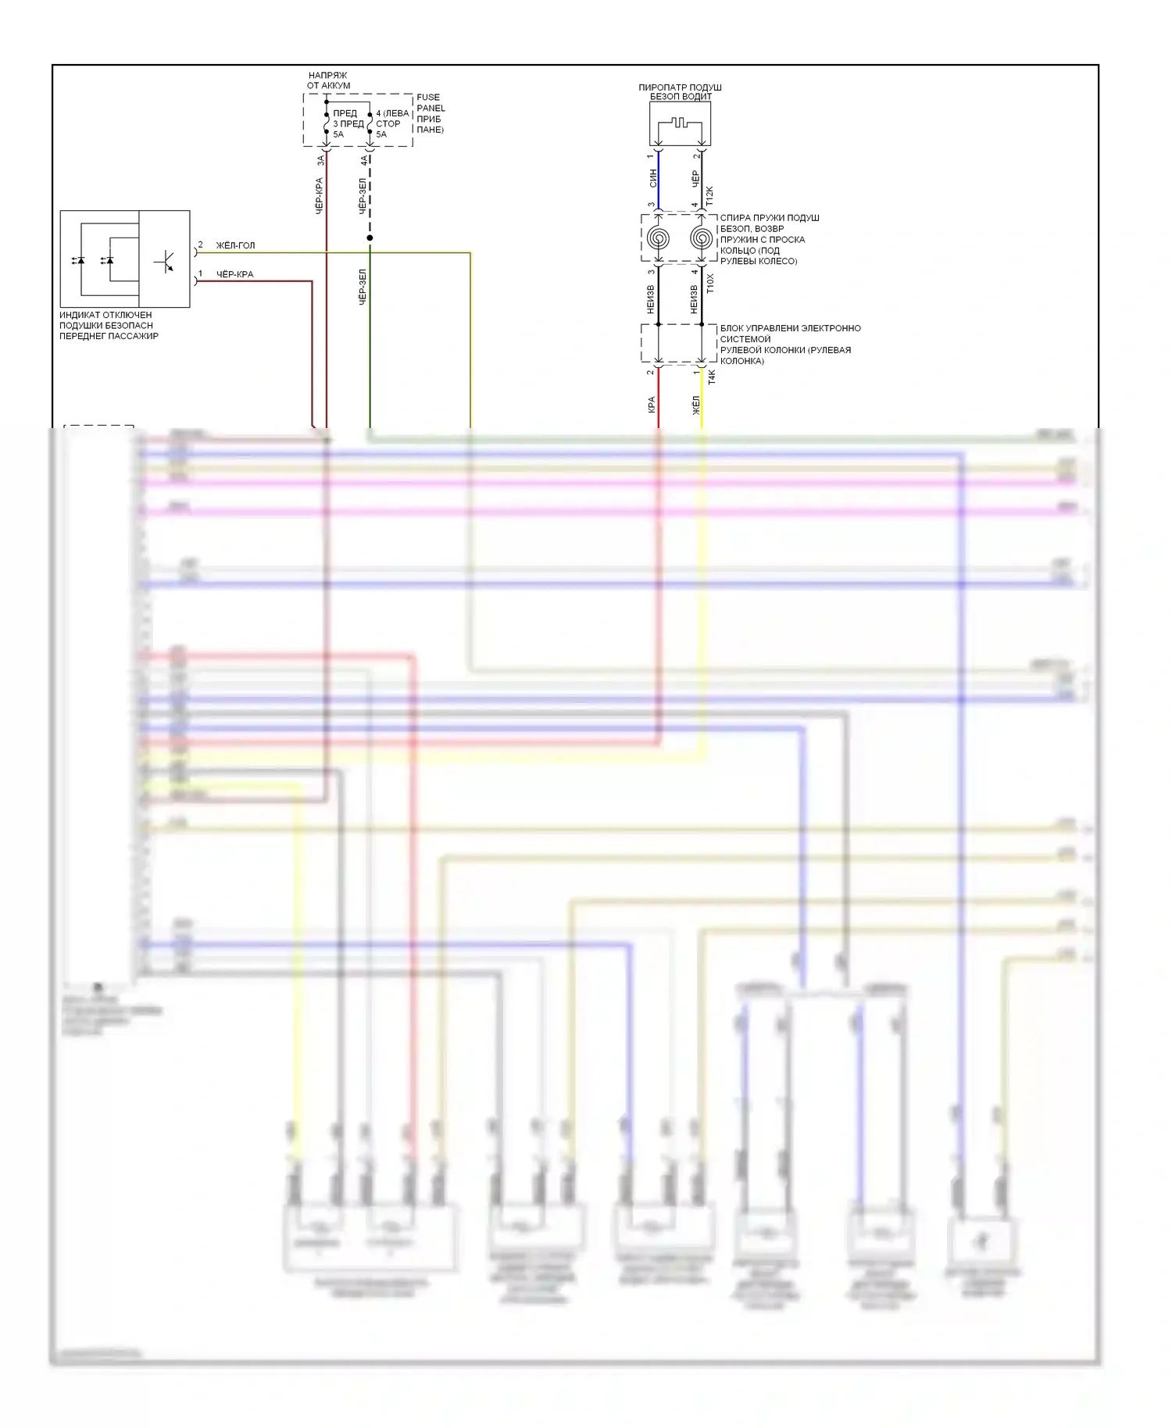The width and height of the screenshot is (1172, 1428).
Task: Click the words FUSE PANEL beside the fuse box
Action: tap(430, 102)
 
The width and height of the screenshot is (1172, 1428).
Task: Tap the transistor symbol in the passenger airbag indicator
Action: tap(165, 262)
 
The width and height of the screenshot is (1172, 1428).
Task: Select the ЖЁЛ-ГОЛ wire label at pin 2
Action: tap(235, 245)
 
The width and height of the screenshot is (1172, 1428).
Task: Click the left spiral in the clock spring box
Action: tap(658, 237)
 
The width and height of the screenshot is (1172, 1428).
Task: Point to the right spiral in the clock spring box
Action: tap(701, 237)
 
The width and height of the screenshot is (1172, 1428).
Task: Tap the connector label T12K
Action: tap(710, 195)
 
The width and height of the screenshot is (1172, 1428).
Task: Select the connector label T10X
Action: tap(710, 283)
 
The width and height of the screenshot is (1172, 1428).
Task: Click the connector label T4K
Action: tap(712, 377)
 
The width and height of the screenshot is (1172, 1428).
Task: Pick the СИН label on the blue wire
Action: tap(653, 178)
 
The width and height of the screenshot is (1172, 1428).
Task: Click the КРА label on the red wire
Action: tap(652, 405)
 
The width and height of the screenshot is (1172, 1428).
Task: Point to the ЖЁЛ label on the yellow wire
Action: tap(695, 405)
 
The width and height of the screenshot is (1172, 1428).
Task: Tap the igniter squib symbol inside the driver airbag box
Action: tap(679, 123)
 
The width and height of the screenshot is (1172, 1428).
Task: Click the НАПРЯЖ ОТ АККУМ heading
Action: tap(328, 80)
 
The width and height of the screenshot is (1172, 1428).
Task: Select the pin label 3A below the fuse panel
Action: tap(320, 160)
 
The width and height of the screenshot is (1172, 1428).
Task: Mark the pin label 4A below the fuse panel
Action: tap(364, 160)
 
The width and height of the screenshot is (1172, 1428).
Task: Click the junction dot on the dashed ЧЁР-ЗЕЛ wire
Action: tap(370, 237)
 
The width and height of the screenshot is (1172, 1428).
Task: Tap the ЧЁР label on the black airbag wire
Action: tap(695, 178)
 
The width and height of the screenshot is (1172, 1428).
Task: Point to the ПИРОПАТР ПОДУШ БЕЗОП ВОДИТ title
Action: tap(680, 92)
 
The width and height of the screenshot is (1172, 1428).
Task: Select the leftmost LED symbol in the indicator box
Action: tap(78, 260)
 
